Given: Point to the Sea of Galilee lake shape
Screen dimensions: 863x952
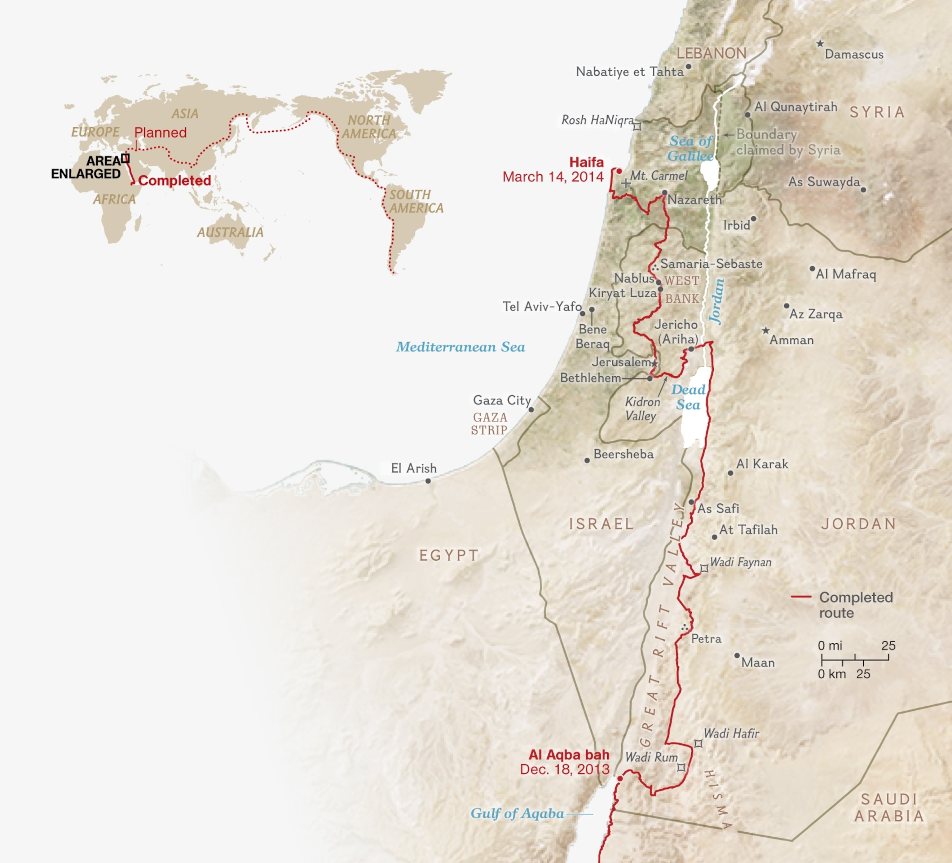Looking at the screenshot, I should [x=708, y=174].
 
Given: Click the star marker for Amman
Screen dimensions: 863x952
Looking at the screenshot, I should [x=765, y=331].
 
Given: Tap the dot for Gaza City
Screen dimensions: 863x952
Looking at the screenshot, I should [x=531, y=410].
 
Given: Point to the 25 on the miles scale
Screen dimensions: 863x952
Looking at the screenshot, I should [x=888, y=646].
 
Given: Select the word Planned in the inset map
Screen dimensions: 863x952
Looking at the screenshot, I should [x=160, y=133].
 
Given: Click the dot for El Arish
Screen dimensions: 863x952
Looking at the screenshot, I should [x=428, y=481].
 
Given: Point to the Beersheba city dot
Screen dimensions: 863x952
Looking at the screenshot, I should [x=587, y=460].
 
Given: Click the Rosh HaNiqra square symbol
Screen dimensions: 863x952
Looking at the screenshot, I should [x=637, y=126].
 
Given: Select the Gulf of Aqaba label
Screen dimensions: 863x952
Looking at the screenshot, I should [x=517, y=813].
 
